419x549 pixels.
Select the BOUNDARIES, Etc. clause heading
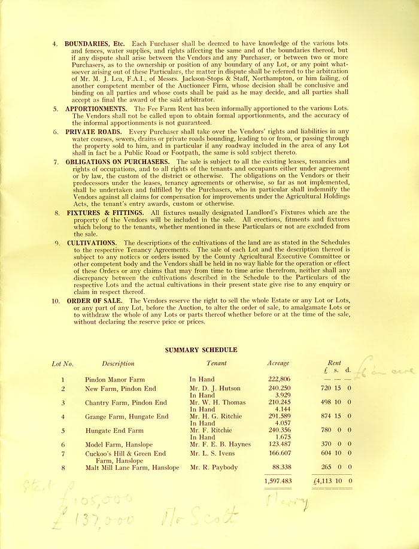pos(96,44)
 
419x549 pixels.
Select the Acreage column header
pos(278,363)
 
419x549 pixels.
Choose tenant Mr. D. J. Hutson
pos(213,389)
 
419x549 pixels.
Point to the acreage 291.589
pos(277,416)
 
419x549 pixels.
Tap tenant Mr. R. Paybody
pos(214,467)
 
